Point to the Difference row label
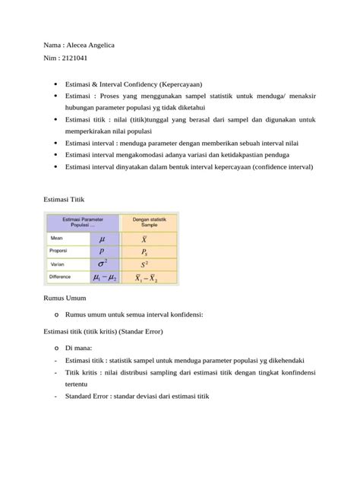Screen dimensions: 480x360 [64, 276]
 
